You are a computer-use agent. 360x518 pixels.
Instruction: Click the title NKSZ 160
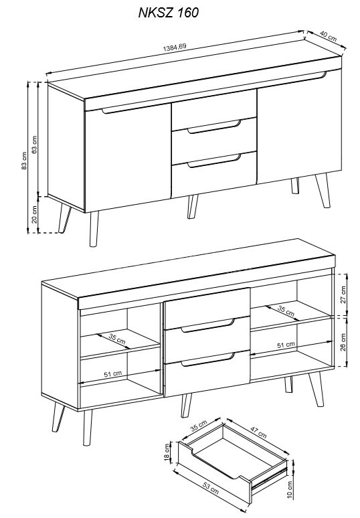coord(168,13)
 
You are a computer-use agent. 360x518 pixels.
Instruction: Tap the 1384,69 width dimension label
coord(175,48)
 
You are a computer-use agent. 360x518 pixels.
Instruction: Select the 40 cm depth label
coord(329,36)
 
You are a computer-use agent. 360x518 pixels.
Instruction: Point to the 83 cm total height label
coord(24,161)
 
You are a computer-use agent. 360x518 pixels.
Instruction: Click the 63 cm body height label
coord(34,145)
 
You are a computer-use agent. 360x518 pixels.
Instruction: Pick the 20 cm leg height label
coord(34,214)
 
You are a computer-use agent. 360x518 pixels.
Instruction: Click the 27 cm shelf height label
coord(343,294)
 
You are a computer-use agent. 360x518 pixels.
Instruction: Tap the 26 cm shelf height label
coord(343,342)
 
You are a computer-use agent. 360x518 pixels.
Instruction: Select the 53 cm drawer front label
coord(210,489)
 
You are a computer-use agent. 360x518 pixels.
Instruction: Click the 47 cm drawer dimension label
coord(258,432)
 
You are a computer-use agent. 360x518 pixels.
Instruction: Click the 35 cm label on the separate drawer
coord(199,426)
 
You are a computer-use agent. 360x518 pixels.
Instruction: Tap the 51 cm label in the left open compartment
coord(113,374)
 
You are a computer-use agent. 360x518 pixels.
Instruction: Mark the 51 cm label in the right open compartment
coord(286,345)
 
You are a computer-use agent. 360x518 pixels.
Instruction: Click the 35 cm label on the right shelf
coord(286,311)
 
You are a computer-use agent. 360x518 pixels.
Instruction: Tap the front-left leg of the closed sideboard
coord(94,229)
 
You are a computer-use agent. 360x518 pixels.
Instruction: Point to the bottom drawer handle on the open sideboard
coord(207,360)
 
